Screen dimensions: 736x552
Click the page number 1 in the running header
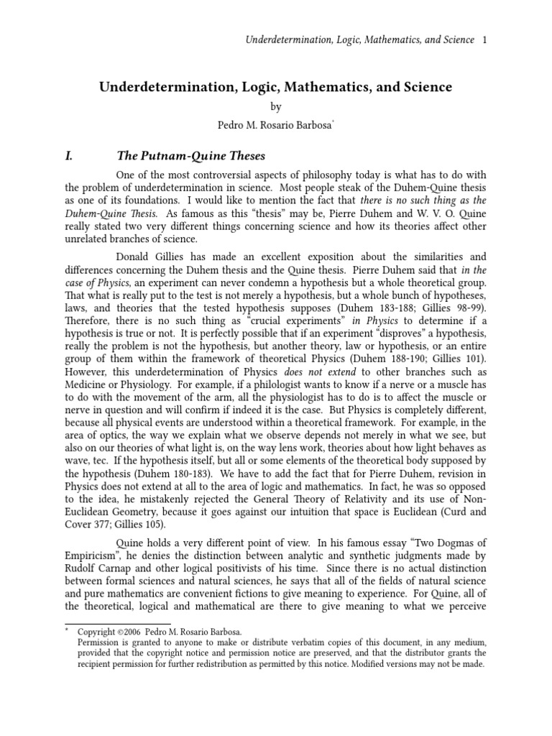point(484,40)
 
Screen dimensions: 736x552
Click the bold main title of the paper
point(275,87)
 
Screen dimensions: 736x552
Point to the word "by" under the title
point(275,106)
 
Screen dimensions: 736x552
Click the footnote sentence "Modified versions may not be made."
point(418,664)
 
